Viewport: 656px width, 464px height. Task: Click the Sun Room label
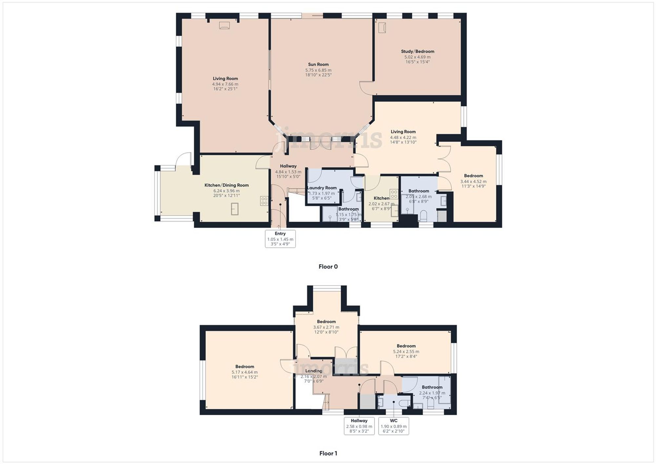(318, 65)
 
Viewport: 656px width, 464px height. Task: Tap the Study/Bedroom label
(417, 51)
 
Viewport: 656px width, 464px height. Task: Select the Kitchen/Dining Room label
(226, 185)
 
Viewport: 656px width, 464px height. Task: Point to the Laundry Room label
(322, 188)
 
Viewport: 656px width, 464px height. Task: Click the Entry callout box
(280, 238)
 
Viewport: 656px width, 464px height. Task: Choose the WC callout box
(393, 426)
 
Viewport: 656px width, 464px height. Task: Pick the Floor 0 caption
(328, 267)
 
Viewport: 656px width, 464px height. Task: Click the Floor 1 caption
(328, 453)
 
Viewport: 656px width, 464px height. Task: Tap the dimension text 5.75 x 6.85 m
(318, 70)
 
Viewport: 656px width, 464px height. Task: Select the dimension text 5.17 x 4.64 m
(244, 372)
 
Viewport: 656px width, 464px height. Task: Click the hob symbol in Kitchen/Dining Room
(264, 201)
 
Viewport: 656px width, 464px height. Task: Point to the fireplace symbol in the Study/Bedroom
(382, 28)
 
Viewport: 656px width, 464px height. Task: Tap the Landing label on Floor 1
(314, 371)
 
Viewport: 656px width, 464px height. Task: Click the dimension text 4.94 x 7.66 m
(225, 84)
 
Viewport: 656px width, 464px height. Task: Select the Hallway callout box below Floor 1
(359, 426)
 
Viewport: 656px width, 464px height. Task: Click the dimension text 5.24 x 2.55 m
(406, 352)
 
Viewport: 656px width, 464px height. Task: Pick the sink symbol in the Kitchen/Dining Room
(235, 209)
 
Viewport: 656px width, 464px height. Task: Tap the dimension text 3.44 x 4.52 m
(473, 181)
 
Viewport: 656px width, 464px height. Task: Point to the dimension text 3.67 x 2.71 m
(326, 327)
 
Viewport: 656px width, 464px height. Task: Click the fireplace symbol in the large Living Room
(224, 25)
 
